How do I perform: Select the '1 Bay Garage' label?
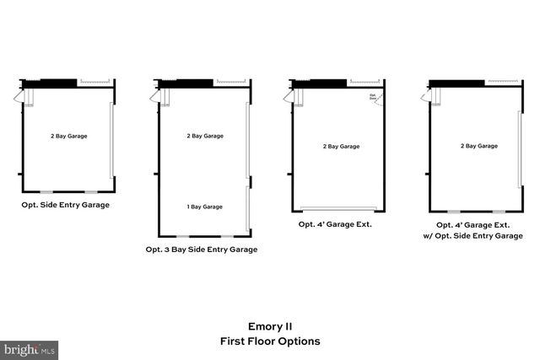pyautogui.click(x=204, y=207)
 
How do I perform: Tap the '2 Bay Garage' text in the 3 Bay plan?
pyautogui.click(x=204, y=135)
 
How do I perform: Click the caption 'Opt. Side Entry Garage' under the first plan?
pyautogui.click(x=66, y=205)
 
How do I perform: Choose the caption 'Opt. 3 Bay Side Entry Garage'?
pyautogui.click(x=202, y=250)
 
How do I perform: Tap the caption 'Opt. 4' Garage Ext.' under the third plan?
pyautogui.click(x=335, y=224)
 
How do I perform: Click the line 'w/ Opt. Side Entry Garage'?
pyautogui.click(x=478, y=236)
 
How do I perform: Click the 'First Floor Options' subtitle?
pyautogui.click(x=269, y=341)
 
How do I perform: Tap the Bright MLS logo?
pyautogui.click(x=30, y=348)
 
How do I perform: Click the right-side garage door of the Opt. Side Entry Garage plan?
pyautogui.click(x=112, y=140)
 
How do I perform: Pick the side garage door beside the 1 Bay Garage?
pyautogui.click(x=247, y=208)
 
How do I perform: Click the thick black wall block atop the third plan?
pyautogui.click(x=320, y=83)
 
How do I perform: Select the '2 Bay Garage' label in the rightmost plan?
pyautogui.click(x=478, y=146)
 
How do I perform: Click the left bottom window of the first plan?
pyautogui.click(x=47, y=191)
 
